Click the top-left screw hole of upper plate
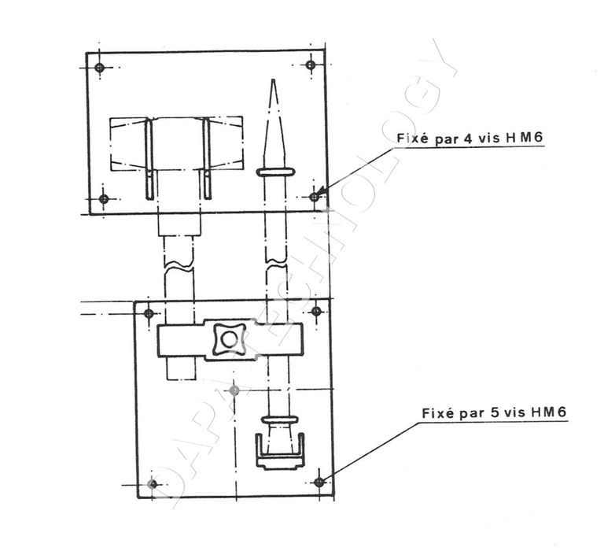coord(100,68)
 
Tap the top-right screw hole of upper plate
coord(311,65)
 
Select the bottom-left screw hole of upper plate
coord(104,199)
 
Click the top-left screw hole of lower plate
coord(149,313)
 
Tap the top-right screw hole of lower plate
coord(316,311)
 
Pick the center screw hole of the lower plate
coord(234,391)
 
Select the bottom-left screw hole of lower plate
coord(153,484)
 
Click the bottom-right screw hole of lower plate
coord(319,482)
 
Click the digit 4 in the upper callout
coord(468,139)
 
